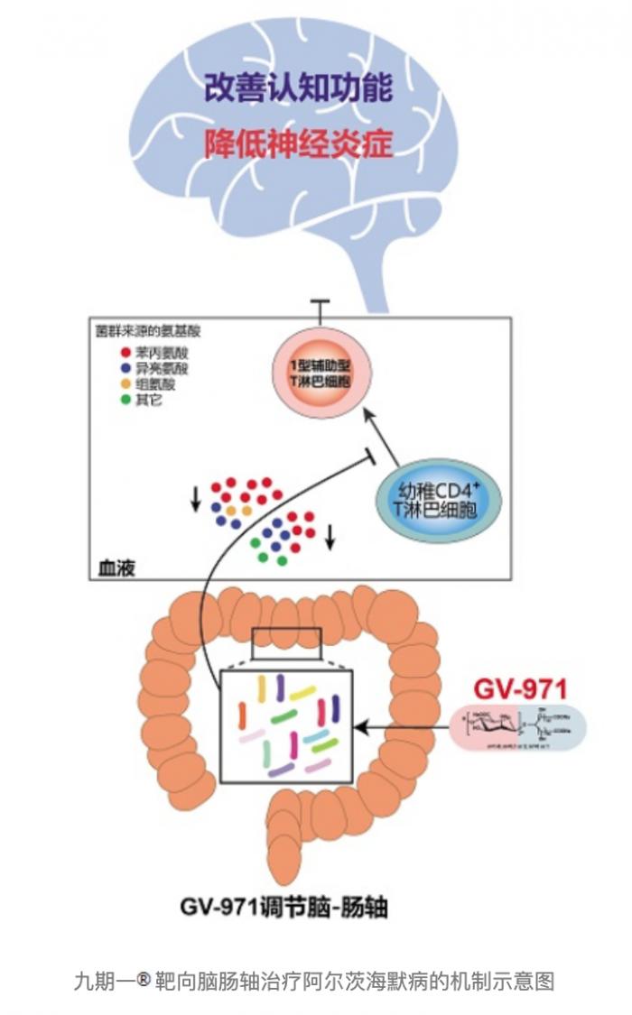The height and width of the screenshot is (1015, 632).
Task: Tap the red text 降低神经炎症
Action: click(297, 143)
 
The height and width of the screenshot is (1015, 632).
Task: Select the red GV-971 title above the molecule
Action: click(520, 690)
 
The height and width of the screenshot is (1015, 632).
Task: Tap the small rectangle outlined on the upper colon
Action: click(286, 639)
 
